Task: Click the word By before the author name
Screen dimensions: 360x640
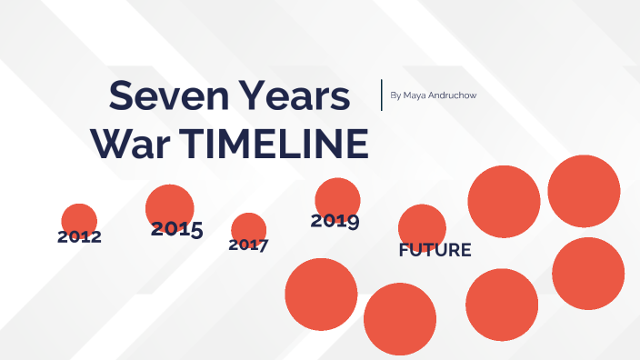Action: point(395,95)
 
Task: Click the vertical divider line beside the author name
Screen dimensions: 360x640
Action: point(382,95)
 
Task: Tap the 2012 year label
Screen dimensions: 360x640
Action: point(79,237)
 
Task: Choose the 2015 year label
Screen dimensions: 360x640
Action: point(176,229)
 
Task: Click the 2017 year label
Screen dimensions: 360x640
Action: point(248,245)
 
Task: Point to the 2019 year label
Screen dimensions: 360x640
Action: point(335,220)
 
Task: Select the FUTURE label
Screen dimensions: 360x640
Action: point(435,250)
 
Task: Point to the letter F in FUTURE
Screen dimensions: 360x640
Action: point(404,250)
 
